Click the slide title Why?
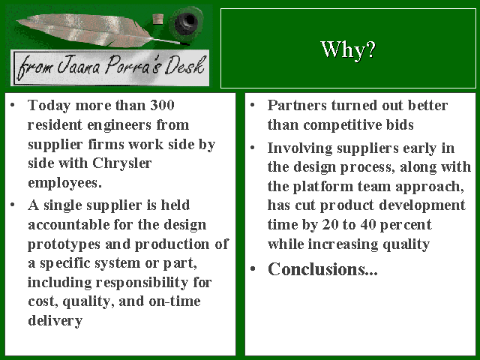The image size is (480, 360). tap(348, 49)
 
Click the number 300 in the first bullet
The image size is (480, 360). tap(162, 105)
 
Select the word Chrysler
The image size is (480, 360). tap(121, 163)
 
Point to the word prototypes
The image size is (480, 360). tap(64, 244)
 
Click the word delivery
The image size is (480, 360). tap(55, 321)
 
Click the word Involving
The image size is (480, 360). tap(300, 148)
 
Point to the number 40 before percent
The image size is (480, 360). tap(368, 225)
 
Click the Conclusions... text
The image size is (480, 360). tap(322, 269)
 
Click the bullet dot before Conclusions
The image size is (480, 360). tap(253, 269)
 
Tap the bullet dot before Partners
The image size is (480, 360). tap(253, 106)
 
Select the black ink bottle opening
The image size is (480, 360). tap(186, 22)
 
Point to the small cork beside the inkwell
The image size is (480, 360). tap(158, 19)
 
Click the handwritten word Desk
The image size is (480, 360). tap(184, 65)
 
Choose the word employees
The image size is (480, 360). tap(64, 183)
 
